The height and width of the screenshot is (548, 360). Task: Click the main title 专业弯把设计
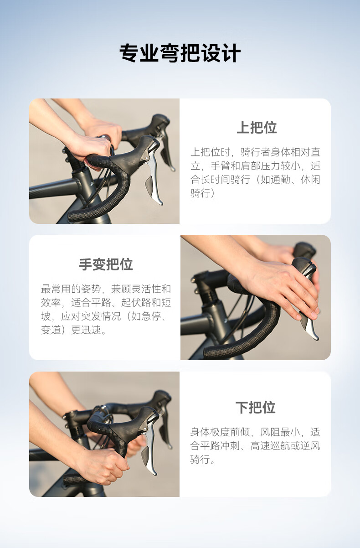180,53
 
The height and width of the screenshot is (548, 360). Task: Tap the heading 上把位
257,128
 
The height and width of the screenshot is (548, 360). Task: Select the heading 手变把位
106,264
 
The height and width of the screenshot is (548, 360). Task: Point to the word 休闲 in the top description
311,180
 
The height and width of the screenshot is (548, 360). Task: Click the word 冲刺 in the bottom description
230,446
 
